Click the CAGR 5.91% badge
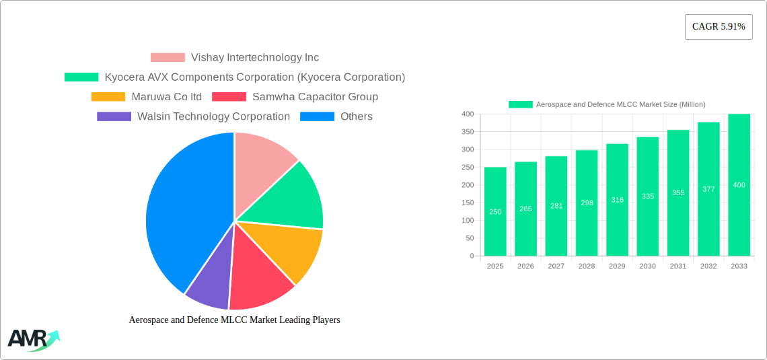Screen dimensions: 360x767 coord(718,27)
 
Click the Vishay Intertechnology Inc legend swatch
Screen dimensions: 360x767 coord(168,58)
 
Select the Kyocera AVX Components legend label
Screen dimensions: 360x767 coord(254,77)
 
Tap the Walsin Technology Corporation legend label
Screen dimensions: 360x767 coord(213,116)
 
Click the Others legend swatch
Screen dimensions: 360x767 coord(317,116)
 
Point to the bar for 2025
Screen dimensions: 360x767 coord(495,211)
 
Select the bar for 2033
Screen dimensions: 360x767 coord(739,185)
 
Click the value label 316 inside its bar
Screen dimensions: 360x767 coord(617,200)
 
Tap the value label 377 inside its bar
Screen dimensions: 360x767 coord(708,189)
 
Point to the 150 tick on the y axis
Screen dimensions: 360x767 coord(466,203)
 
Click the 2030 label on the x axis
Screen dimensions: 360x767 coord(647,266)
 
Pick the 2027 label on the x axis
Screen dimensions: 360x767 coord(556,266)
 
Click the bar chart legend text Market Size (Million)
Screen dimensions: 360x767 coord(620,104)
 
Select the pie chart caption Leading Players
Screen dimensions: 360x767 coord(234,320)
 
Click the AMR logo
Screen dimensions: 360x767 coord(32,340)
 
